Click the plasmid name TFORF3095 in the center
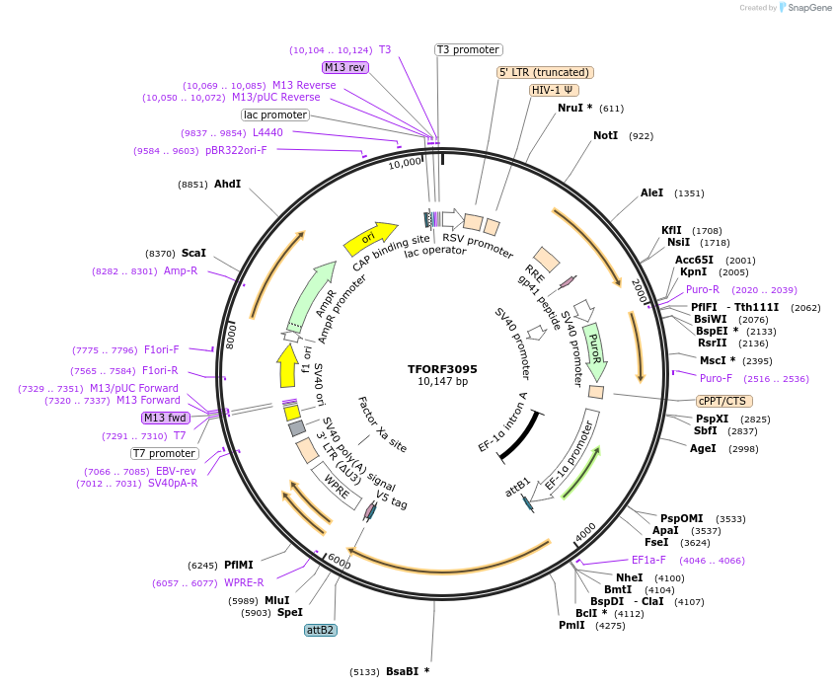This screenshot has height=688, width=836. click(442, 369)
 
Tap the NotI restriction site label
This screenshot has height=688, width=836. click(605, 135)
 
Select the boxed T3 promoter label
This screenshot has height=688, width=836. click(469, 49)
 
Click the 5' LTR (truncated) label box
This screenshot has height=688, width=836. click(545, 72)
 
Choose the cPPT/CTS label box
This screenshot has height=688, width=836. click(723, 401)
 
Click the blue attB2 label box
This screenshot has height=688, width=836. click(320, 630)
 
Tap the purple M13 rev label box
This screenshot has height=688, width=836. click(345, 67)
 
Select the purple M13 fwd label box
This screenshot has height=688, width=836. click(166, 418)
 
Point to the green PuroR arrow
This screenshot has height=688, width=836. click(594, 351)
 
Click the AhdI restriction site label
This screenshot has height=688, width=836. click(227, 184)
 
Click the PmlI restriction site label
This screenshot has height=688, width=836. click(571, 625)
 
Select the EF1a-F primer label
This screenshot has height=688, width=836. click(655, 560)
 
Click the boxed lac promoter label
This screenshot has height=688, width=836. click(275, 115)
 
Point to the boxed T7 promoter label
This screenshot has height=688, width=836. click(165, 453)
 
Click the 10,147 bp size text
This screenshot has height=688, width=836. click(442, 382)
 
